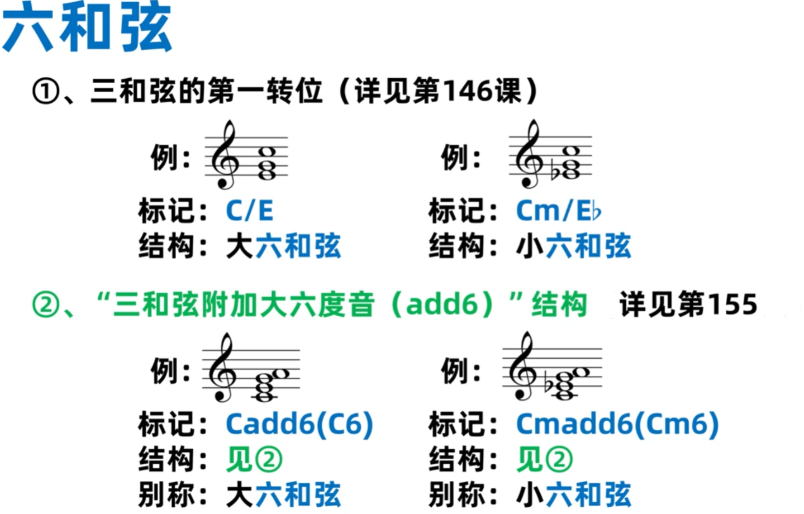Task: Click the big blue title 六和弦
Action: pyautogui.click(x=87, y=28)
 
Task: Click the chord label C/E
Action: pyautogui.click(x=250, y=211)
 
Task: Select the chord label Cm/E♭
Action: pyautogui.click(x=558, y=211)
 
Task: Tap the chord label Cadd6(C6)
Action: pyautogui.click(x=299, y=424)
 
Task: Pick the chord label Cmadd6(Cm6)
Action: pyautogui.click(x=617, y=424)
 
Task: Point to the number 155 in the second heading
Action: pyautogui.click(x=732, y=304)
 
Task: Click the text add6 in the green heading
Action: pyautogui.click(x=442, y=304)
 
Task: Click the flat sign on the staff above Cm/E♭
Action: pyautogui.click(x=555, y=172)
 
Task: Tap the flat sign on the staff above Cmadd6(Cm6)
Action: pyautogui.click(x=549, y=384)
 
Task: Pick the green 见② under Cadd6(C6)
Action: pyautogui.click(x=254, y=459)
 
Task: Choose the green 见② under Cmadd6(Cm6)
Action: pyautogui.click(x=544, y=459)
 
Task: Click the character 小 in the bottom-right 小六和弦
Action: pyautogui.click(x=530, y=494)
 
